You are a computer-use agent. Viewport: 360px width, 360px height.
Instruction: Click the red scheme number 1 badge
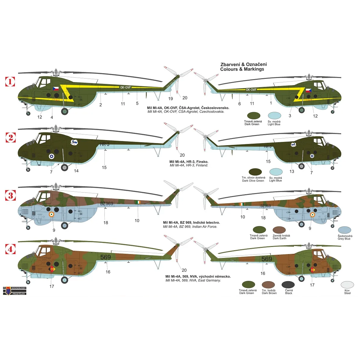(x=10, y=81)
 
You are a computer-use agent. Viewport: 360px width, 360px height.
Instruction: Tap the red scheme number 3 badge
(x=10, y=195)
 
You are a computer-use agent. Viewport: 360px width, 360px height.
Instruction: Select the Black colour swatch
(x=288, y=285)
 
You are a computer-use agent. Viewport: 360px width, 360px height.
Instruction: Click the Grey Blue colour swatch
(x=345, y=230)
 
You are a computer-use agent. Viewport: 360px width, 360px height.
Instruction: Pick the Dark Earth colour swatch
(x=279, y=230)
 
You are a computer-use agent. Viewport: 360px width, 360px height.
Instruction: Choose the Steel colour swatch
(x=347, y=285)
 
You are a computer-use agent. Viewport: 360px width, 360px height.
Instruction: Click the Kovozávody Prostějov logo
(x=15, y=291)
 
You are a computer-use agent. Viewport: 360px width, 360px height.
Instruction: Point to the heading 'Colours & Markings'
(x=242, y=69)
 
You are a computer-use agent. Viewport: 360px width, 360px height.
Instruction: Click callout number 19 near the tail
(x=170, y=98)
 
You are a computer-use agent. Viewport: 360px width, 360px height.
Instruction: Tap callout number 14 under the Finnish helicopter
(x=76, y=171)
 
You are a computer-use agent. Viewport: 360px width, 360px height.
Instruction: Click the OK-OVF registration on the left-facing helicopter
(x=126, y=87)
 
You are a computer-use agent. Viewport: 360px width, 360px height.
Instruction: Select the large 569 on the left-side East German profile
(x=106, y=257)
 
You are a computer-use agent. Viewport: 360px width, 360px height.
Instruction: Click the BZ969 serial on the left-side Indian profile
(x=107, y=204)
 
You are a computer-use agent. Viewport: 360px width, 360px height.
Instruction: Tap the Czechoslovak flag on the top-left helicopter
(x=56, y=88)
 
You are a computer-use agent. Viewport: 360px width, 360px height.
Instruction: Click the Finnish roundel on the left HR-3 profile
(x=51, y=156)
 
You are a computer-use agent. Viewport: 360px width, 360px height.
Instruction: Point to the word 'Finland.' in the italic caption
(x=202, y=165)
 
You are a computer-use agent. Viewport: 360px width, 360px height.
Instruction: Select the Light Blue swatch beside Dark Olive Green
(x=276, y=172)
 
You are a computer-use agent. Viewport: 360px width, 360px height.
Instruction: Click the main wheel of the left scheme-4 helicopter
(x=65, y=280)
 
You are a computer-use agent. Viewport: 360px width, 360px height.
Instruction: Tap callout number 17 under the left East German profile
(x=52, y=286)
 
